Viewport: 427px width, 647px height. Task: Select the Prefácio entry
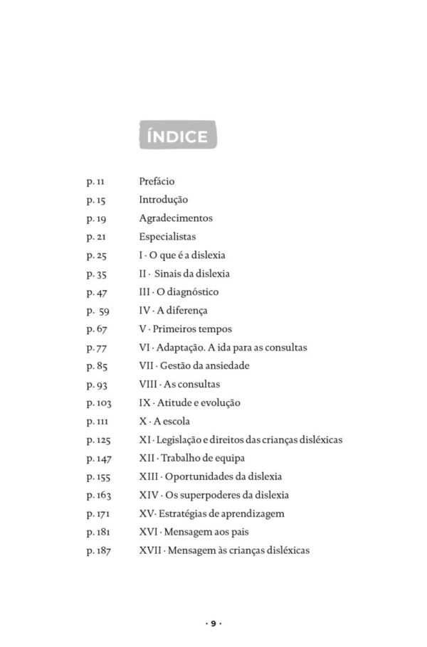(157, 181)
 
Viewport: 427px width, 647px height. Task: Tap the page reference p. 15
(96, 200)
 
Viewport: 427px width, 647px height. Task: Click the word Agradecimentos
(175, 218)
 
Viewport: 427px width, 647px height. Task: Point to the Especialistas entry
(167, 237)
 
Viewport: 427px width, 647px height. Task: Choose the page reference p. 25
(96, 255)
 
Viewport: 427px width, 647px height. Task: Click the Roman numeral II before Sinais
(143, 274)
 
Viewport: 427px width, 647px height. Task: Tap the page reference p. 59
(97, 311)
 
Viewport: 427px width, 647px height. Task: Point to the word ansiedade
(226, 366)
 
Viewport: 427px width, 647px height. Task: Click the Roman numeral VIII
(148, 385)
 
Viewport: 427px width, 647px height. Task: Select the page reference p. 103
(98, 403)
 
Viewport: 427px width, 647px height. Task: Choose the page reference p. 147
(98, 459)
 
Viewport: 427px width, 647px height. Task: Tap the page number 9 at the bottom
(213, 624)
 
